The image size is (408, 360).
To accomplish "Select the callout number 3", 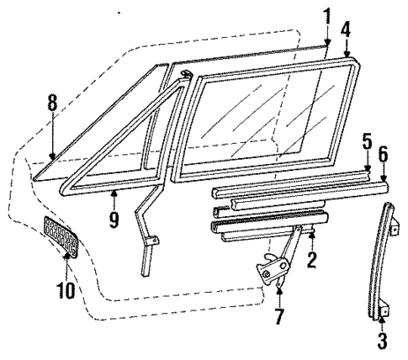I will point(382,341).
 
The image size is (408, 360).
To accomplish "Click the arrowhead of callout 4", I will point(346,51).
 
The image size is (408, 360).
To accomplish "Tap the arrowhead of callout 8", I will point(52,155).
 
